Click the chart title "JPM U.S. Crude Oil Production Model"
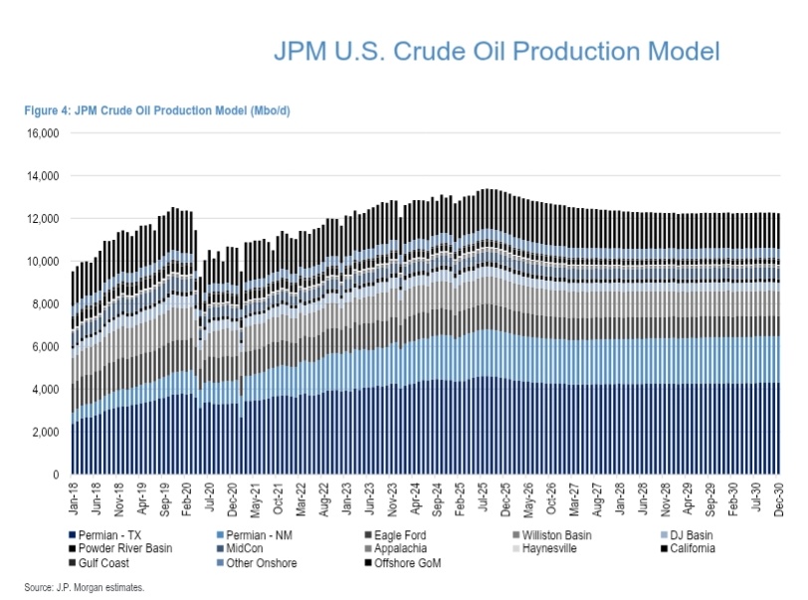(497, 51)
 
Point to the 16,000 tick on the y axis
(46, 133)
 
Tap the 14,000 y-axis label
(46, 176)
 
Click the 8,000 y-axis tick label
(49, 304)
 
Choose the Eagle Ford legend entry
(408, 534)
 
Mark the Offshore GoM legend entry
(411, 562)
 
